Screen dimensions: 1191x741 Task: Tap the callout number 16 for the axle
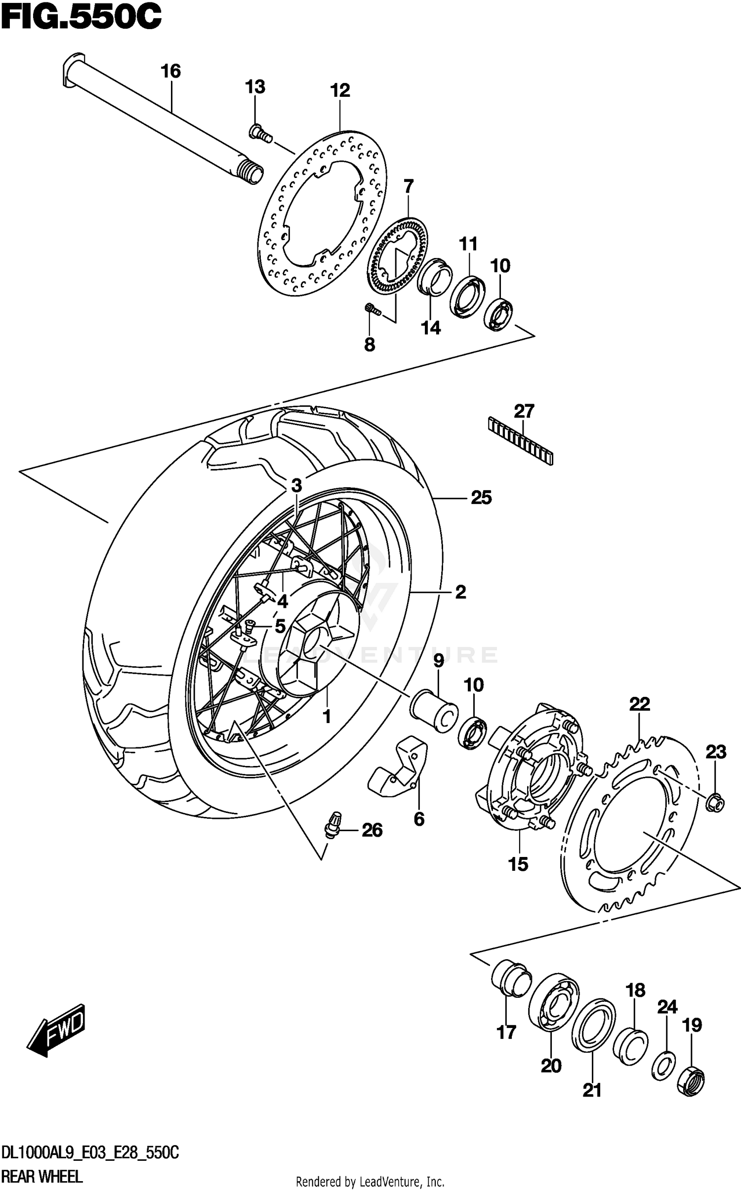pyautogui.click(x=171, y=72)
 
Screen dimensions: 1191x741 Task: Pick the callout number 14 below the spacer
pyautogui.click(x=430, y=328)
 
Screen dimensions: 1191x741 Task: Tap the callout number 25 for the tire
pyautogui.click(x=481, y=498)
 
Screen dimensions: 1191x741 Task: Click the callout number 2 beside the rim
pyautogui.click(x=460, y=592)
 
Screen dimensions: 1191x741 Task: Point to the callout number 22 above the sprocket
pyautogui.click(x=639, y=704)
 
